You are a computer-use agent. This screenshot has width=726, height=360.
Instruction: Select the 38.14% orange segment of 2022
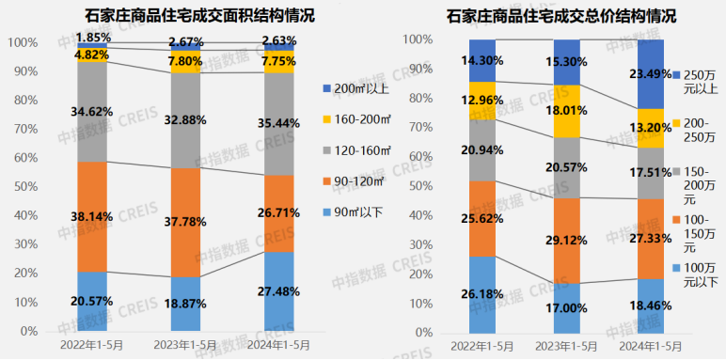click(x=92, y=216)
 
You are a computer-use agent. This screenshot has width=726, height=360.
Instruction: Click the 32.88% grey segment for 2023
click(x=185, y=119)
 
